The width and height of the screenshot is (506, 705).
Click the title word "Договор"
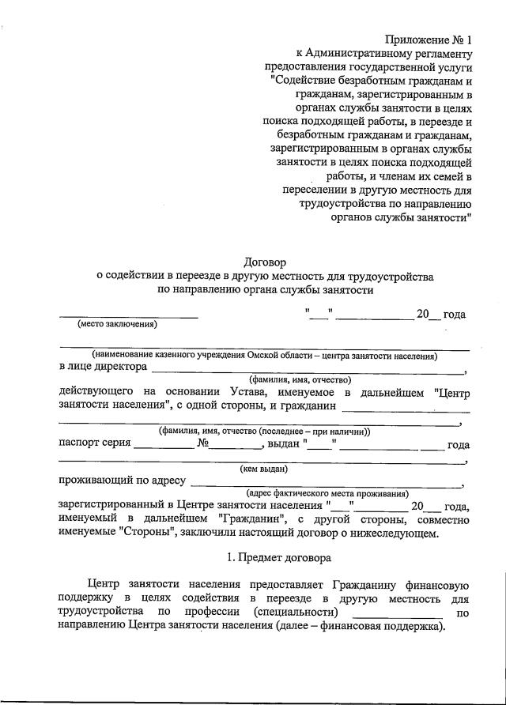[x=265, y=261]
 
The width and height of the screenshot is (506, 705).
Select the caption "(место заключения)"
[x=117, y=324]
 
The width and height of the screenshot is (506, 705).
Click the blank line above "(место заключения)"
[x=129, y=316]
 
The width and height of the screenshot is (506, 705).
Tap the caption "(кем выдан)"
[x=264, y=469]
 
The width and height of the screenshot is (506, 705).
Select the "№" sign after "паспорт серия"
[x=202, y=444]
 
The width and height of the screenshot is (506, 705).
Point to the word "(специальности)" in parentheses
[x=296, y=613]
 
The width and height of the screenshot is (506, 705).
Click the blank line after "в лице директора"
[x=308, y=370]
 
